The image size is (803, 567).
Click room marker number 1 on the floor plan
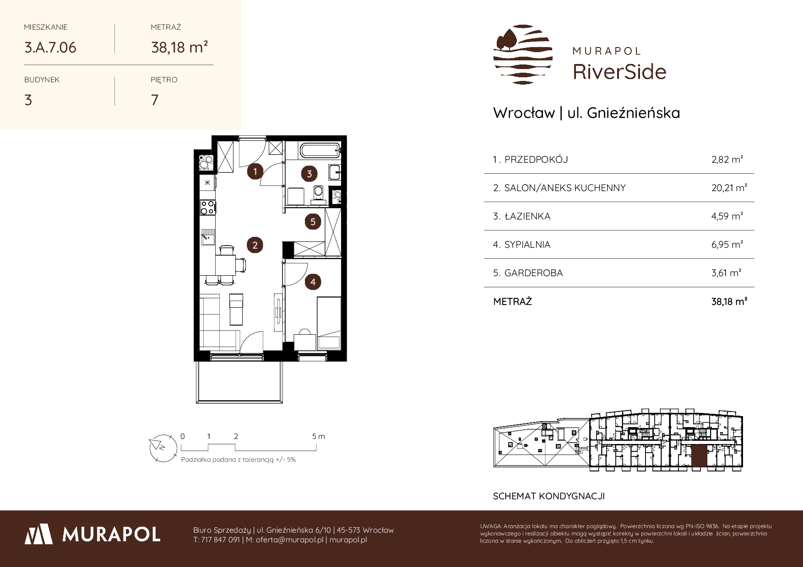[255, 172]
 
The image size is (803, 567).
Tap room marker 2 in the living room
[255, 245]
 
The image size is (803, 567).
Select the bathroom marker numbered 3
[309, 174]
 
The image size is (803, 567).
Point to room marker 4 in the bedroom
[313, 282]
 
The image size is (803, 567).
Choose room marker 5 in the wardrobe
[313, 222]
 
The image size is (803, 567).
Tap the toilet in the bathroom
[318, 193]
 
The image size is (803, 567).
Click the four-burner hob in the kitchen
[208, 207]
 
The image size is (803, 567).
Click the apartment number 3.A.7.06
[50, 47]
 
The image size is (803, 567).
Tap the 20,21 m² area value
[729, 188]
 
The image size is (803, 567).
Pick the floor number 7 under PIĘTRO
[155, 100]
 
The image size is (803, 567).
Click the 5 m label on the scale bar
[319, 436]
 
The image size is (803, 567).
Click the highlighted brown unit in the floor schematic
[699, 456]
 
